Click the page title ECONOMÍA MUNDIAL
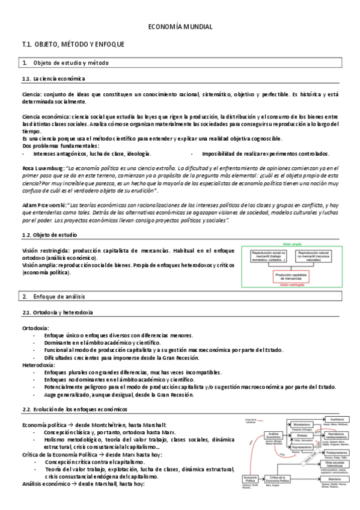180,27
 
